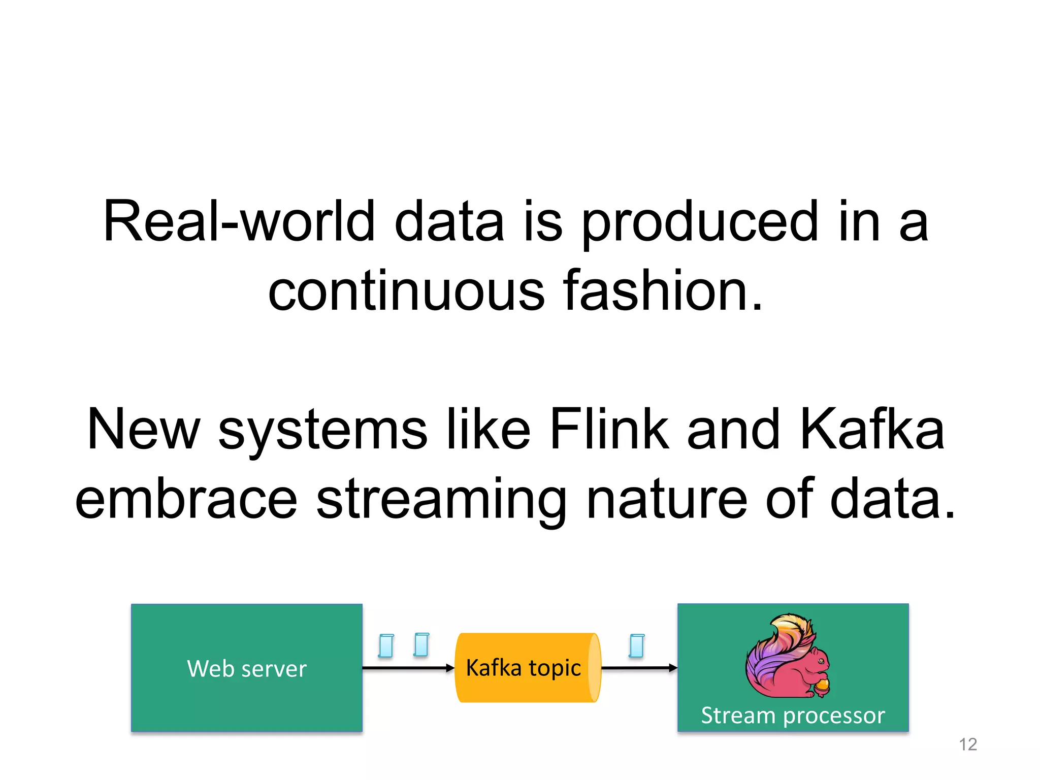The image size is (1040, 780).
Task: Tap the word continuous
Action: (406, 290)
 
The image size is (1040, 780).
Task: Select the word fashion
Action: (663, 290)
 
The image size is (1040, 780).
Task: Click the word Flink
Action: (609, 430)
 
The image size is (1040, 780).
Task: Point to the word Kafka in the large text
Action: (872, 430)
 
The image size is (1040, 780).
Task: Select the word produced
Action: (700, 222)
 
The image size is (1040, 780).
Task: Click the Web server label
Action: (247, 668)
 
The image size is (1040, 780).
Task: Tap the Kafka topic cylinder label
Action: (523, 668)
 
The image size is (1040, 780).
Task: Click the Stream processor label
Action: (793, 715)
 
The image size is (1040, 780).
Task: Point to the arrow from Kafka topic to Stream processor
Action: (639, 668)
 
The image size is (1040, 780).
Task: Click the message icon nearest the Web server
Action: (386, 645)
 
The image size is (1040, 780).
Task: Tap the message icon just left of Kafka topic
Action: (421, 644)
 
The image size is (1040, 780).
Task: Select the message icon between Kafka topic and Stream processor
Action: (637, 645)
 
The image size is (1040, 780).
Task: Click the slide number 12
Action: (968, 744)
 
